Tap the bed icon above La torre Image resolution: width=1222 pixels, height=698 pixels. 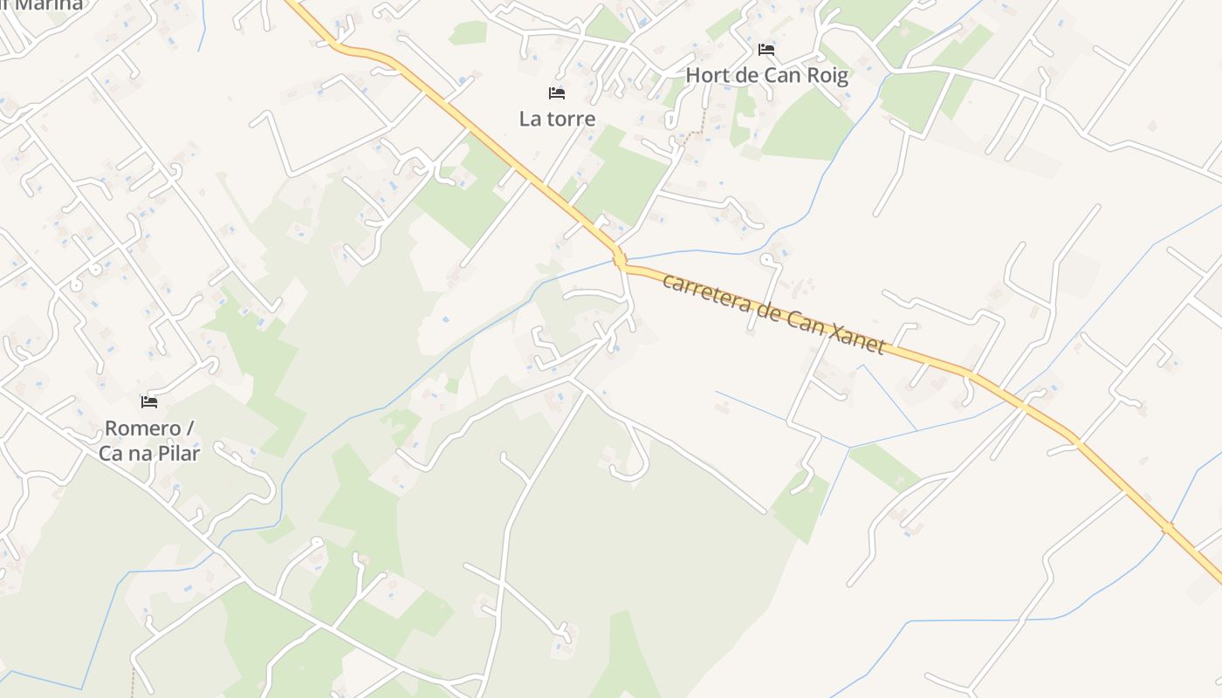(x=557, y=92)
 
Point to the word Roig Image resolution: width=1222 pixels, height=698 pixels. (x=826, y=75)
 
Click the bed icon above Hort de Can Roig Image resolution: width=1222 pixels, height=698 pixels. (x=766, y=50)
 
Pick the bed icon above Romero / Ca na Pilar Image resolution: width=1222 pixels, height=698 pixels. (x=149, y=402)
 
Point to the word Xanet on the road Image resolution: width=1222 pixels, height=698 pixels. (x=855, y=337)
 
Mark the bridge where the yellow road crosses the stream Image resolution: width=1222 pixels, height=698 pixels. (x=620, y=259)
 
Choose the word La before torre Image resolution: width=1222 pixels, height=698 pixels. (x=530, y=119)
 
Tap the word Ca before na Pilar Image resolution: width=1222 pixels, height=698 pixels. (x=111, y=454)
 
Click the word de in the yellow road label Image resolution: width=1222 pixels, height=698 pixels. (x=765, y=311)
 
